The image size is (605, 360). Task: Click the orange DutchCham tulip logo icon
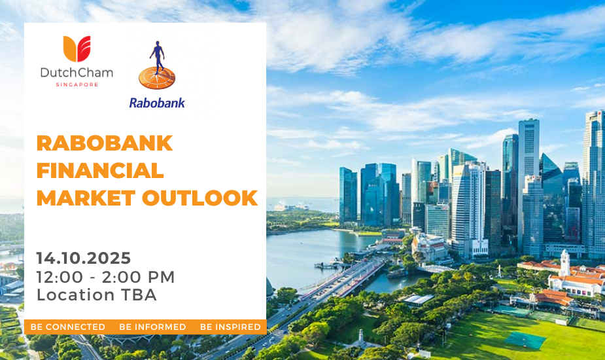coord(77,48)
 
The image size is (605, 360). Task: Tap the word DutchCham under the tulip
coord(77,73)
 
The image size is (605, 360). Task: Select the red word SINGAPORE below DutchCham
coord(77,84)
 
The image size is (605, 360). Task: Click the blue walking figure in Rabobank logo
coord(157,56)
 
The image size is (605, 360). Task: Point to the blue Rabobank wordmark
coord(157,103)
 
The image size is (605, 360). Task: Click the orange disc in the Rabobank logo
coord(157,78)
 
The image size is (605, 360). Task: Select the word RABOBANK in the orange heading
coord(105,143)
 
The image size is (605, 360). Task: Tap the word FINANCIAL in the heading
coord(100,171)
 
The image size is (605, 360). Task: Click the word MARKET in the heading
coord(86,198)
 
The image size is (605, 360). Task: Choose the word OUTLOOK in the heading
coord(200,198)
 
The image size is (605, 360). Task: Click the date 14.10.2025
coord(84,258)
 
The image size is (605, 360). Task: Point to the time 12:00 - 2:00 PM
coord(106,277)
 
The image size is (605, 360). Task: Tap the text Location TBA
coord(97,295)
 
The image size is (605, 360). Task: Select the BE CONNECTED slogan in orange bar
coord(68,327)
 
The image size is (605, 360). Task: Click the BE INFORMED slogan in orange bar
coord(152,327)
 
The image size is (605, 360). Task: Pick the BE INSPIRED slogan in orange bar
coord(230,327)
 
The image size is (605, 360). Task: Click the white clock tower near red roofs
coord(565,262)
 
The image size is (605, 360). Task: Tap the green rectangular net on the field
coord(525,340)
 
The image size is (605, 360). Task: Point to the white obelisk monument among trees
coord(361,337)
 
